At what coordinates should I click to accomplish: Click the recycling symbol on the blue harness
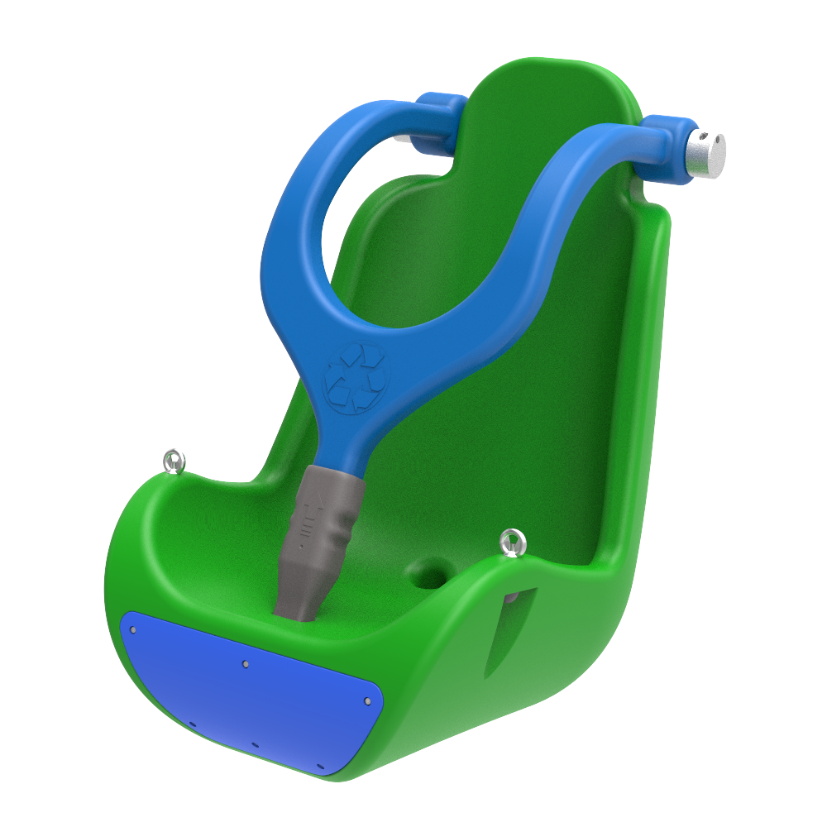[355, 377]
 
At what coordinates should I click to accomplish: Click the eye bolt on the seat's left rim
[174, 461]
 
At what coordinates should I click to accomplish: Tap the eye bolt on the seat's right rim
[513, 543]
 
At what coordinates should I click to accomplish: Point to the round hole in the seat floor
[428, 572]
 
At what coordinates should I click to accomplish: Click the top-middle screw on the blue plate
[246, 663]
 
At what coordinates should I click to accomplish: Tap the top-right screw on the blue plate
[367, 701]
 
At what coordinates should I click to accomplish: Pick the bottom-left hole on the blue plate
[192, 724]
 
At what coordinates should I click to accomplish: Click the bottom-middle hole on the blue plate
[255, 744]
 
